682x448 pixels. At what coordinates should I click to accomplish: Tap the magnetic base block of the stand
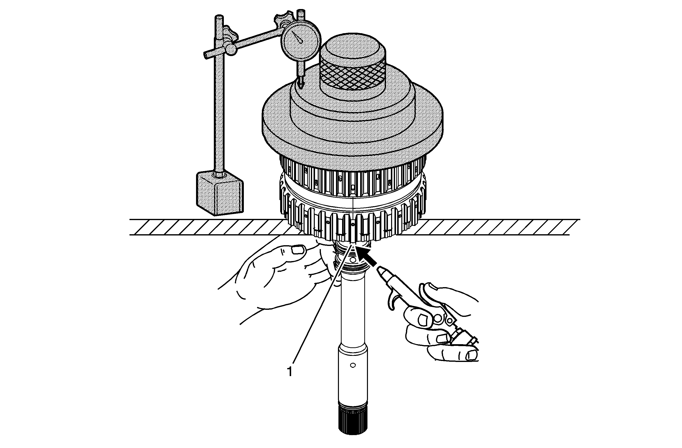point(220,193)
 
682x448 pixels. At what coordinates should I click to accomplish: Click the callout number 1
point(290,371)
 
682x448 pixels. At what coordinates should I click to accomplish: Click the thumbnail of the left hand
point(298,250)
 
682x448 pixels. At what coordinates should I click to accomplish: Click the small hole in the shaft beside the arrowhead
point(353,260)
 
